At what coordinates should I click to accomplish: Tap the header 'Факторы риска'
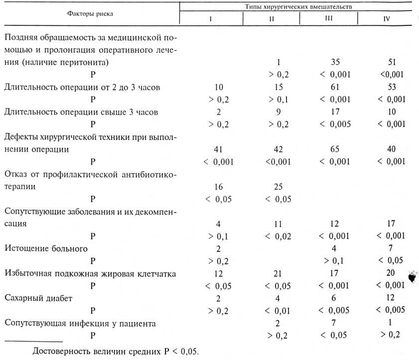[90, 13]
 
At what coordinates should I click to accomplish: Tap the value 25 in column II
[278, 187]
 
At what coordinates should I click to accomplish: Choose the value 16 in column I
[218, 187]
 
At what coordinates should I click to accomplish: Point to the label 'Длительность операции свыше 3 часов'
[81, 112]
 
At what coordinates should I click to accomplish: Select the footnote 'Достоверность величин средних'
[115, 351]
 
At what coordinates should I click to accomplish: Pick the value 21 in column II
[278, 273]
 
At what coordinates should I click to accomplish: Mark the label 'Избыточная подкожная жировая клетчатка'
[90, 273]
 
